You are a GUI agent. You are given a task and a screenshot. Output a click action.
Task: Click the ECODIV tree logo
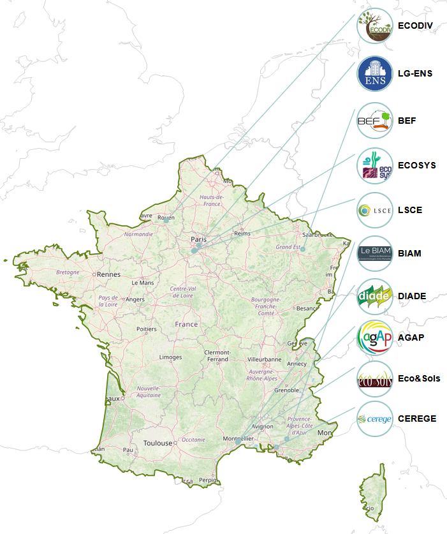(x=375, y=26)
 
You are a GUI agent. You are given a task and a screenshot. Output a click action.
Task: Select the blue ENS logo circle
(x=375, y=74)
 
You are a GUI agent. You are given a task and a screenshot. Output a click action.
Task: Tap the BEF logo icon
(x=375, y=120)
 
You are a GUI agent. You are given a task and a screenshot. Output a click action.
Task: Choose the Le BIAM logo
(x=375, y=254)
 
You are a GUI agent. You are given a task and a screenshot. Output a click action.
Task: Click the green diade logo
(x=375, y=296)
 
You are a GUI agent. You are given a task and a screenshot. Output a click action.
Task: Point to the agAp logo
(x=375, y=337)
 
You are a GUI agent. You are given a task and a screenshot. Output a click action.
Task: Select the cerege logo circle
(x=375, y=419)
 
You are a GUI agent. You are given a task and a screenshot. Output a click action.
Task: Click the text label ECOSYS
(x=416, y=165)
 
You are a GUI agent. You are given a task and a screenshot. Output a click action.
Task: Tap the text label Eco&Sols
(x=418, y=379)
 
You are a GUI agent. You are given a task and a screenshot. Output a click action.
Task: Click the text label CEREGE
(x=417, y=419)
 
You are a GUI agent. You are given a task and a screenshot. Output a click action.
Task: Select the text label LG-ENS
(x=415, y=74)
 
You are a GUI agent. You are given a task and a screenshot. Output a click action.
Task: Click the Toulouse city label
(x=158, y=443)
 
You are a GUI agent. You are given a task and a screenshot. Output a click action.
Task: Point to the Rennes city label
(x=109, y=274)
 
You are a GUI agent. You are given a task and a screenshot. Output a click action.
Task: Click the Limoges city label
(x=170, y=357)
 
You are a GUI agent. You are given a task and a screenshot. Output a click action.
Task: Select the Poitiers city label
(x=146, y=329)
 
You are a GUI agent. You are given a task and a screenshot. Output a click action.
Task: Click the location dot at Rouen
(x=166, y=221)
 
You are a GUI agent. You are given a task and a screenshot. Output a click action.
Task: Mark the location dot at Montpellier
(x=238, y=441)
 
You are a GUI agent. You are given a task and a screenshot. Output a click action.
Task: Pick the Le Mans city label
(x=142, y=282)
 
